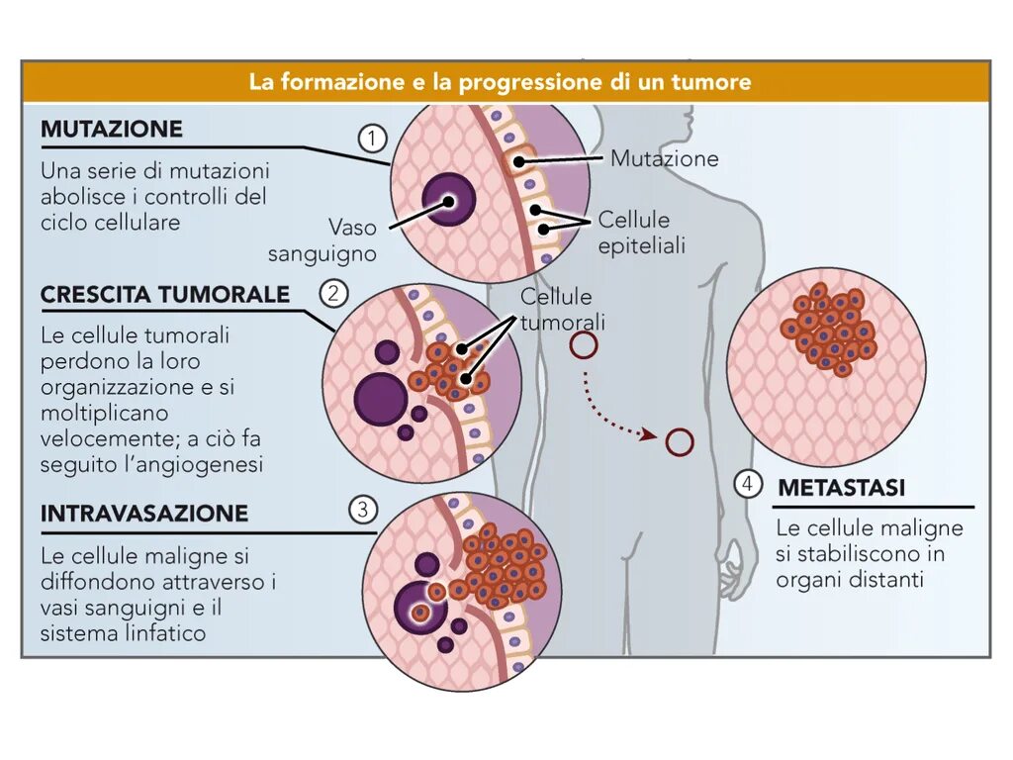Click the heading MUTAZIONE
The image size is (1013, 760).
[x=112, y=130]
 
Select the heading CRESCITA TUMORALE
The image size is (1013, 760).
[x=165, y=295]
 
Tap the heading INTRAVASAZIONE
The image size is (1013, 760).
[x=144, y=514]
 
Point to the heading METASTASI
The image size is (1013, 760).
[x=841, y=488]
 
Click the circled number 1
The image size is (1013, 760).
[x=371, y=139]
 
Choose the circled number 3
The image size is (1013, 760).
[x=363, y=510]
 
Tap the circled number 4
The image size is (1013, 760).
[x=748, y=484]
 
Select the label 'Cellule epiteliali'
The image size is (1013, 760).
[x=640, y=233]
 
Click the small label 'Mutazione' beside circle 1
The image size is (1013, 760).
[x=664, y=158]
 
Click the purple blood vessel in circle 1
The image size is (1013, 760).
[x=448, y=203]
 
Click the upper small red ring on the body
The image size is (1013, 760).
[x=584, y=344]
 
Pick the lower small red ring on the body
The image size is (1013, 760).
[x=680, y=441]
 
